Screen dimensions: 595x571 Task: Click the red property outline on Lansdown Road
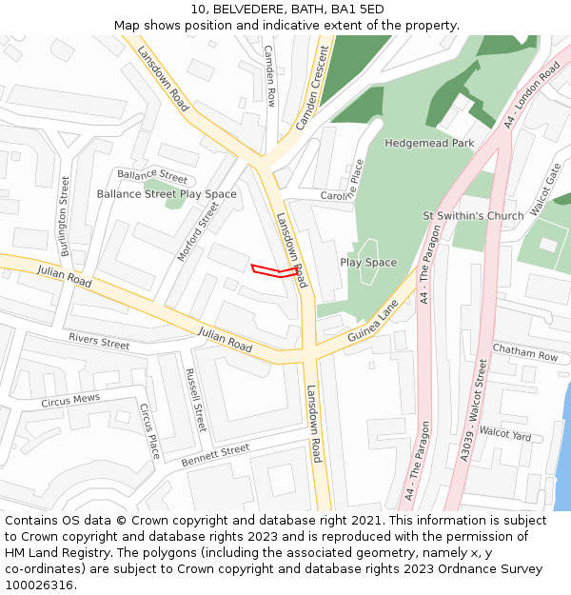tap(277, 272)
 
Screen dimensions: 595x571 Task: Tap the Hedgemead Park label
tap(429, 143)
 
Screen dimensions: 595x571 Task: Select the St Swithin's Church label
tap(473, 216)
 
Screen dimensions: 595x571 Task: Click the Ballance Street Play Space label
tap(167, 194)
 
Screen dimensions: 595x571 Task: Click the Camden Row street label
tap(270, 75)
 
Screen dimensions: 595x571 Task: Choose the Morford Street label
tap(198, 231)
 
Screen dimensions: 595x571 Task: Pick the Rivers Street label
tap(99, 341)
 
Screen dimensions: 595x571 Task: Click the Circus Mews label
tap(70, 401)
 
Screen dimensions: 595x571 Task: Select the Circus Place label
tap(149, 430)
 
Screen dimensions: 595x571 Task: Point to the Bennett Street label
tap(215, 455)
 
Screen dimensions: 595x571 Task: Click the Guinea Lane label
tap(373, 324)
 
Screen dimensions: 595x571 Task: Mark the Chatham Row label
tap(525, 353)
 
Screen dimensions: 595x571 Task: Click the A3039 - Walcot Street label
tap(474, 410)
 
